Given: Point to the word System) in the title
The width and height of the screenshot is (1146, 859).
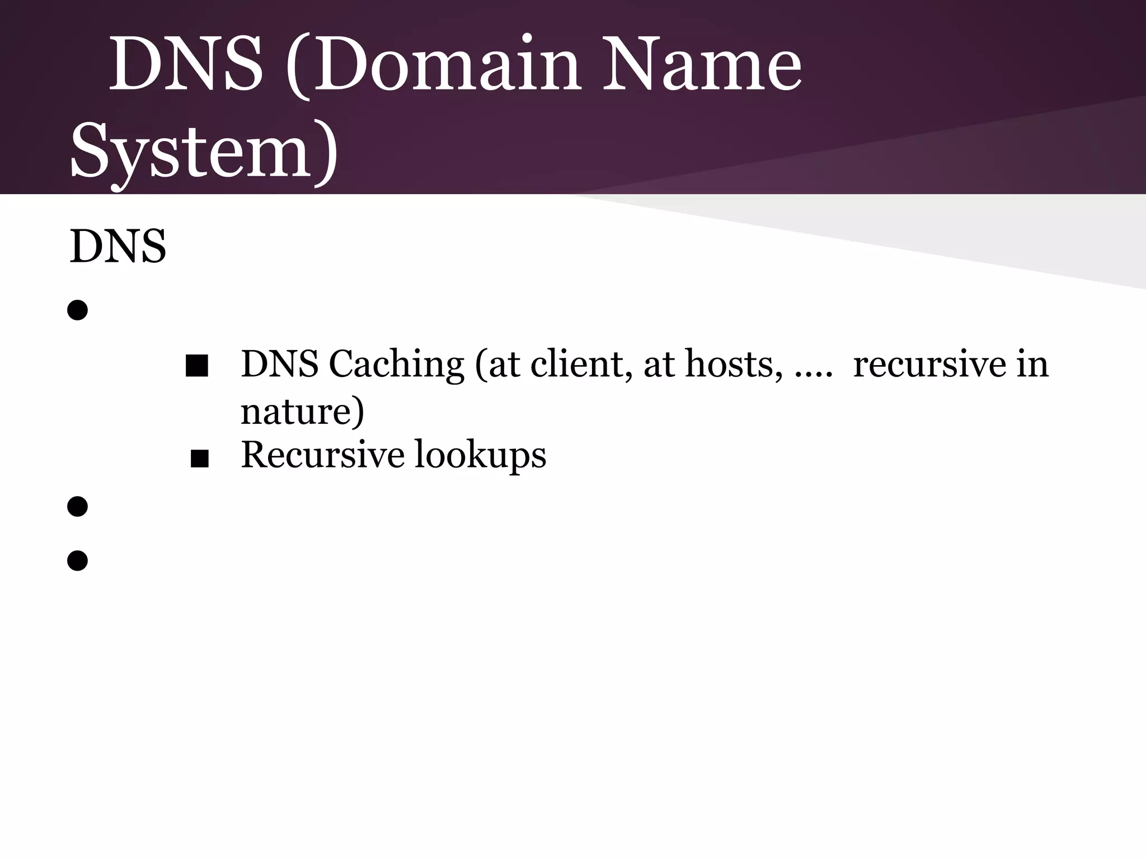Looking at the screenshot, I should pyautogui.click(x=204, y=151).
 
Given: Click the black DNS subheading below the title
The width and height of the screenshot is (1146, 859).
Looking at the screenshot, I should pyautogui.click(x=118, y=246).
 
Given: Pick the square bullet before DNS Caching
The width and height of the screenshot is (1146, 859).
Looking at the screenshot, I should pyautogui.click(x=196, y=366).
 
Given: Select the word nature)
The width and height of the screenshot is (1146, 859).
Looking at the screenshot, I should pyautogui.click(x=302, y=412).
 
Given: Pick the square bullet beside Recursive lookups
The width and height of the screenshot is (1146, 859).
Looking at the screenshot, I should pyautogui.click(x=199, y=459).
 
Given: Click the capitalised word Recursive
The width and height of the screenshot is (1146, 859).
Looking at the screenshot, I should pyautogui.click(x=322, y=454).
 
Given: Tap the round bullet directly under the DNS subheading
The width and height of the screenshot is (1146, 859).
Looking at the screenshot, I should pyautogui.click(x=78, y=310).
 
